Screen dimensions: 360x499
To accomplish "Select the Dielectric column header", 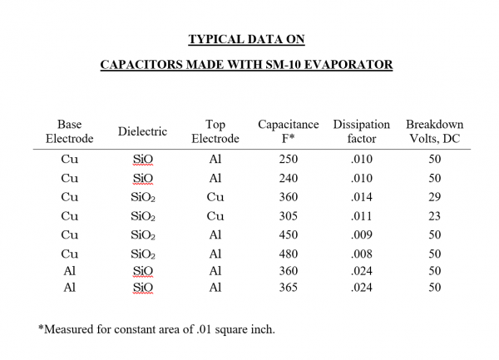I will [142, 131].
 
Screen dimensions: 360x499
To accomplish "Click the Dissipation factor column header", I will [362, 131].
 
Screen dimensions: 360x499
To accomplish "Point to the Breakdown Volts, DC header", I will [434, 131].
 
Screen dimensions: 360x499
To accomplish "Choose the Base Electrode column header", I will [69, 131].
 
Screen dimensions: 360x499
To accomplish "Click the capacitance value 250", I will [289, 158].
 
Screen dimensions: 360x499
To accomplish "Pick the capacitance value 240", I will [289, 177].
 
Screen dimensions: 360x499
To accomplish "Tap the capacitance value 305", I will [289, 215].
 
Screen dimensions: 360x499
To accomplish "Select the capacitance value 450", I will [289, 234].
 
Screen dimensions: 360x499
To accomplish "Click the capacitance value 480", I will [289, 254].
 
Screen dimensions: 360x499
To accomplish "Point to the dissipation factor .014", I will [362, 196].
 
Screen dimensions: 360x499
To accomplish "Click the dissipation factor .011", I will [362, 215].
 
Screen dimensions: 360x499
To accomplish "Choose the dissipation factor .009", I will [362, 234].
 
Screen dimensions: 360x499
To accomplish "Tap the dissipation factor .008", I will [362, 254].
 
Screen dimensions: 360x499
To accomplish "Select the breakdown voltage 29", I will [434, 196].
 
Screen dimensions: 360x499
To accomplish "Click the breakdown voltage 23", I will [434, 215].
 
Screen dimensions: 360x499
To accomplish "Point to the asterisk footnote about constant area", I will [156, 329].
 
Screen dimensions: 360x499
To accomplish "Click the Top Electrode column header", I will [215, 131].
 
